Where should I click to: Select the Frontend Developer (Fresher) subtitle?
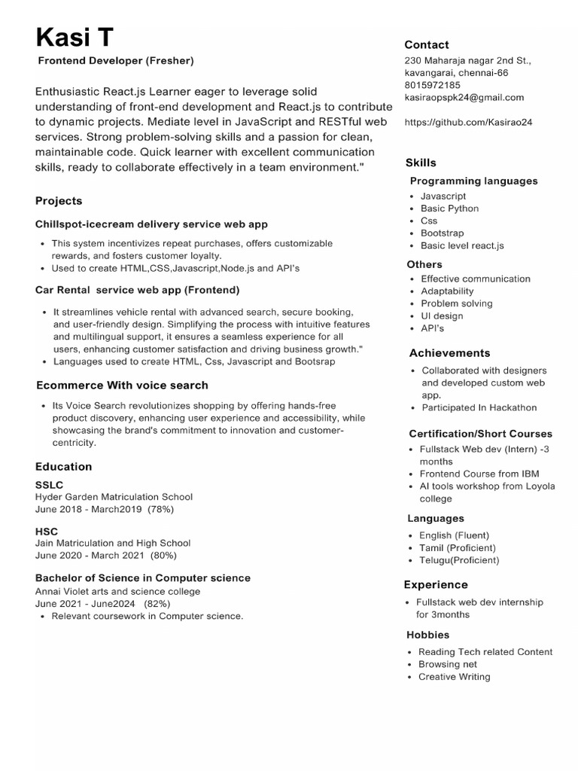115,60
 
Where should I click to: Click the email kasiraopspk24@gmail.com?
464,97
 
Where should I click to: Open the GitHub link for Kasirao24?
468,122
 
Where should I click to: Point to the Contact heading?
427,44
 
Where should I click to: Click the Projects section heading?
59,201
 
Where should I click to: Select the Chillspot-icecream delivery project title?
151,224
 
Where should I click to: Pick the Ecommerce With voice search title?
122,385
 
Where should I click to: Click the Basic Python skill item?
449,209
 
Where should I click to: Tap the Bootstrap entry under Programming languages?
442,233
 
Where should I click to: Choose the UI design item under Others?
442,316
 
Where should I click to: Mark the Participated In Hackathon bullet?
479,407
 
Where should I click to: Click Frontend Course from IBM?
479,474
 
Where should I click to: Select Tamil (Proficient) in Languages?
458,548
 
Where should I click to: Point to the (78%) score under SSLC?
161,509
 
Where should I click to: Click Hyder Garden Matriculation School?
114,497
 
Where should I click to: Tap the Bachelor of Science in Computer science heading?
143,578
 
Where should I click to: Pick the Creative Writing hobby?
454,677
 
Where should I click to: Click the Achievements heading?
449,353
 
